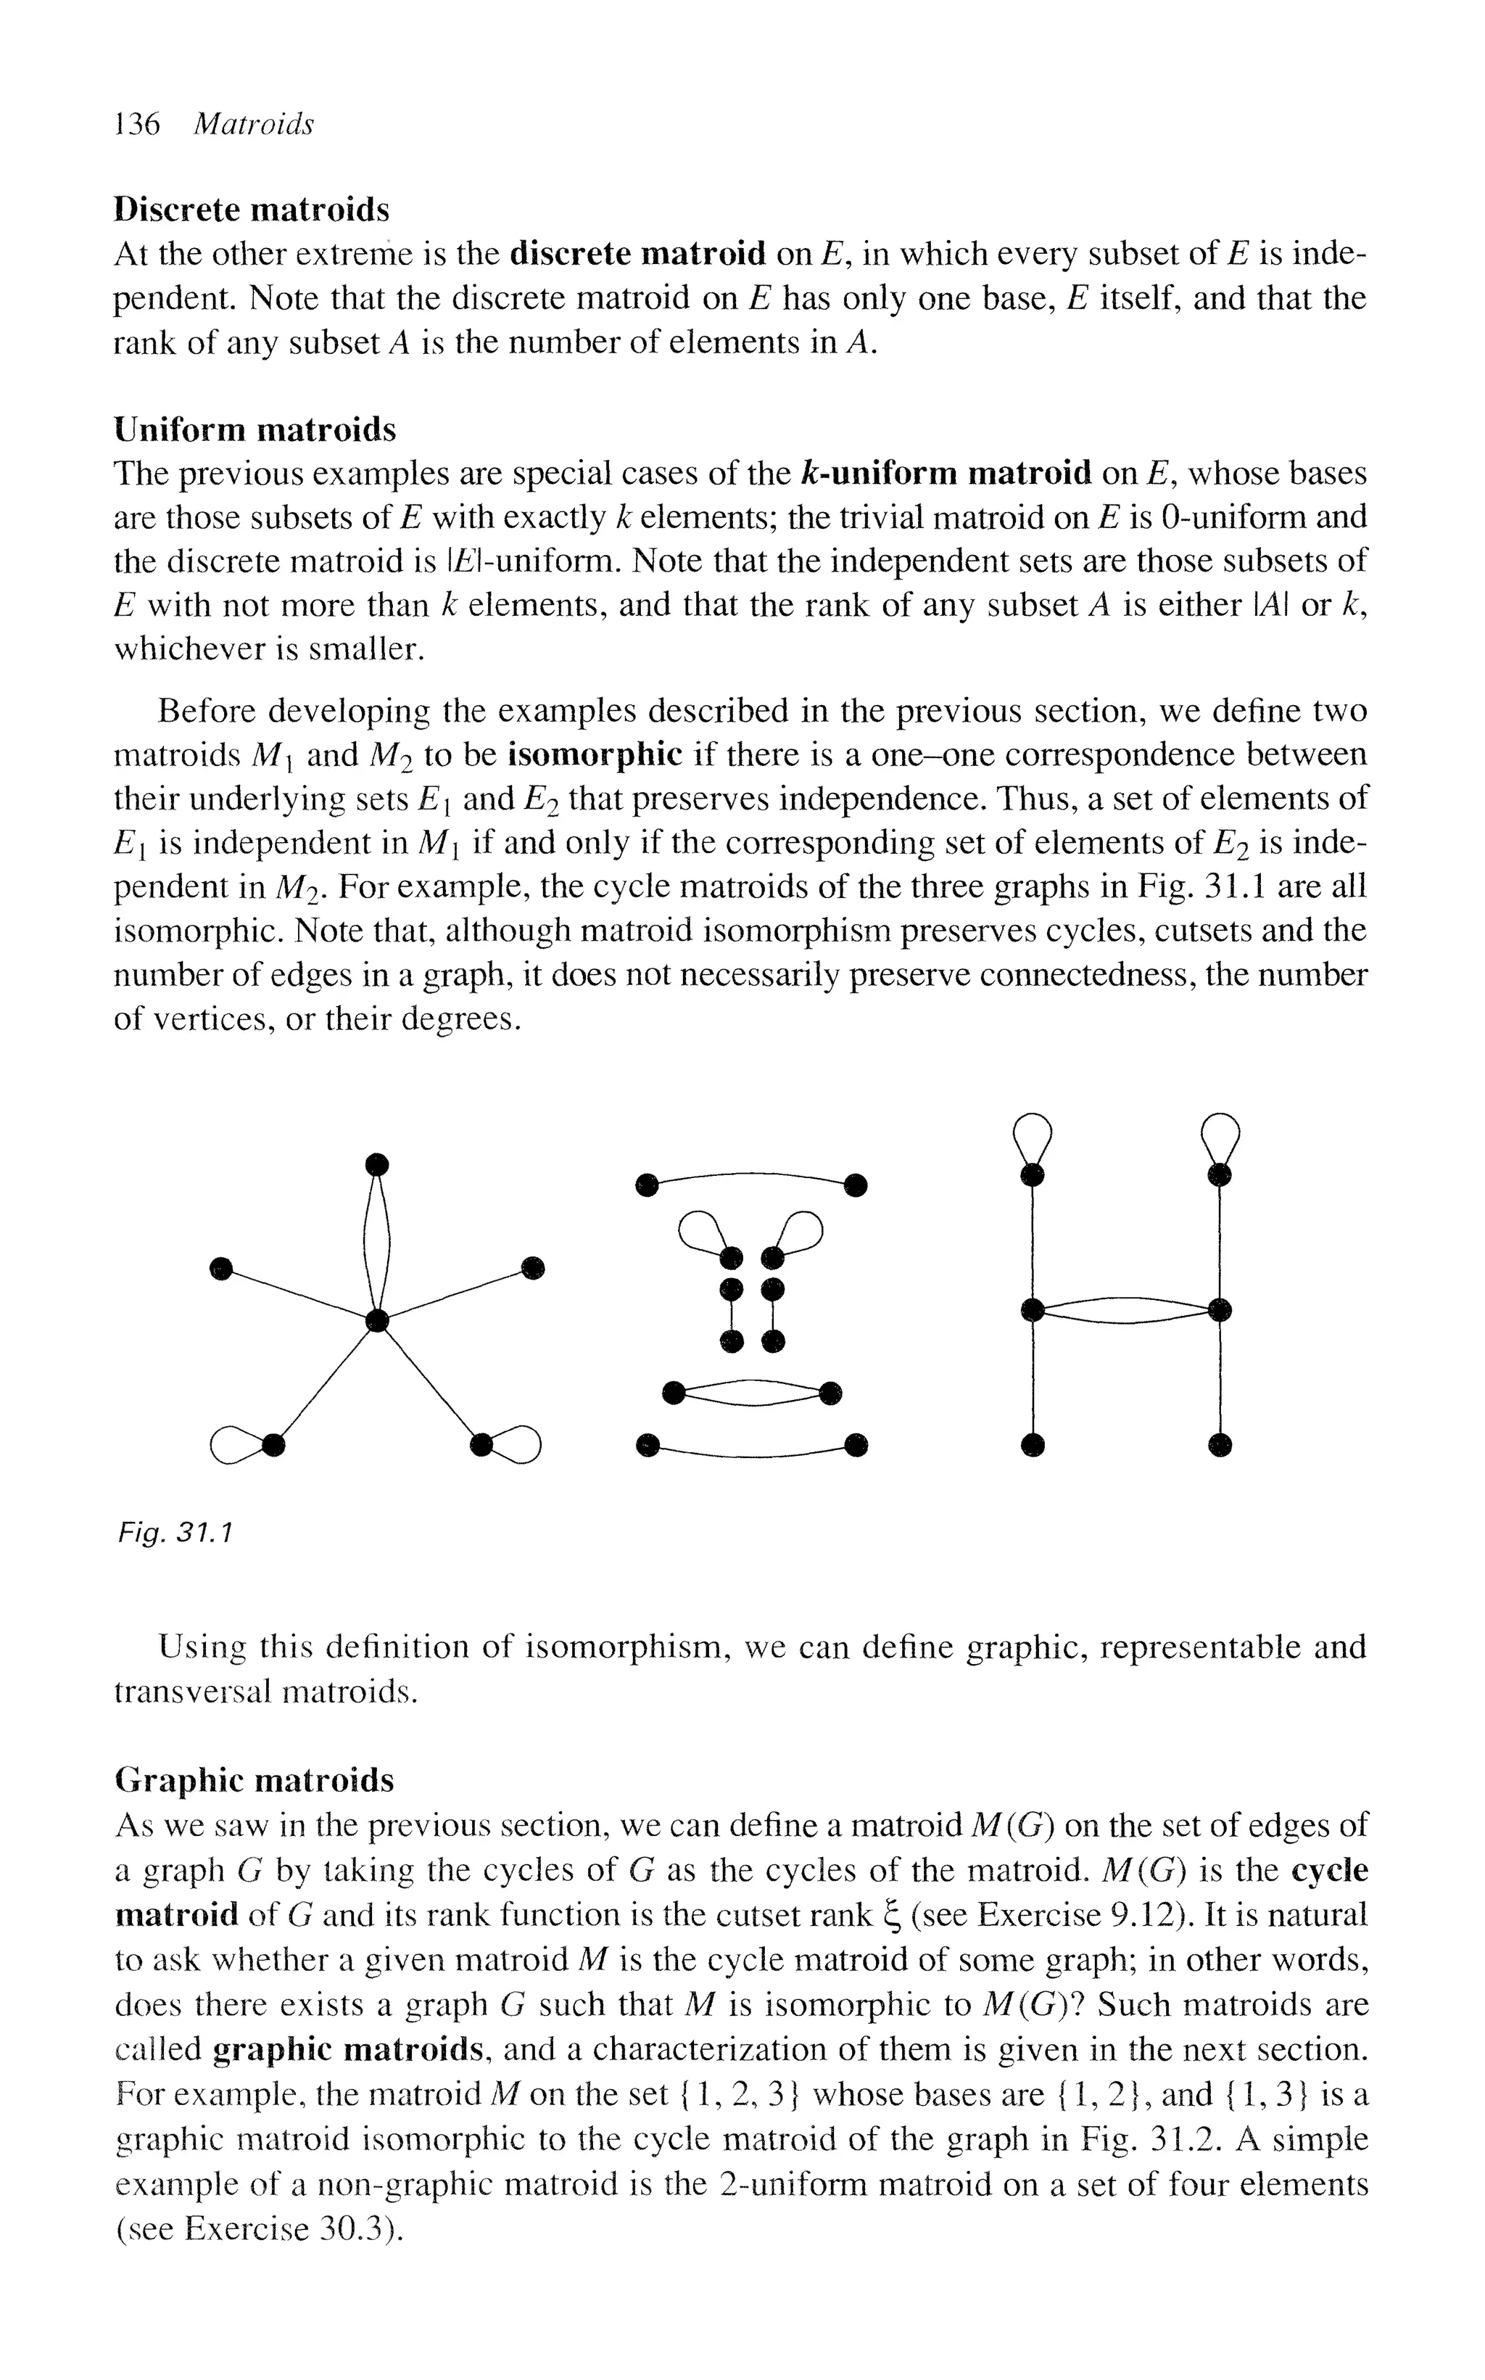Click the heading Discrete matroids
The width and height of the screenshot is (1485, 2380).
pos(252,209)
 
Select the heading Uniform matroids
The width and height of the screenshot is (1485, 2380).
pos(255,429)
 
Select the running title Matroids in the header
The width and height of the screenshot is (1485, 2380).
pos(253,124)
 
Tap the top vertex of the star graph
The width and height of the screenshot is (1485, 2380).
pos(376,1165)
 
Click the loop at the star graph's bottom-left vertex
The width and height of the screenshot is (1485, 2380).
pos(233,1444)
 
